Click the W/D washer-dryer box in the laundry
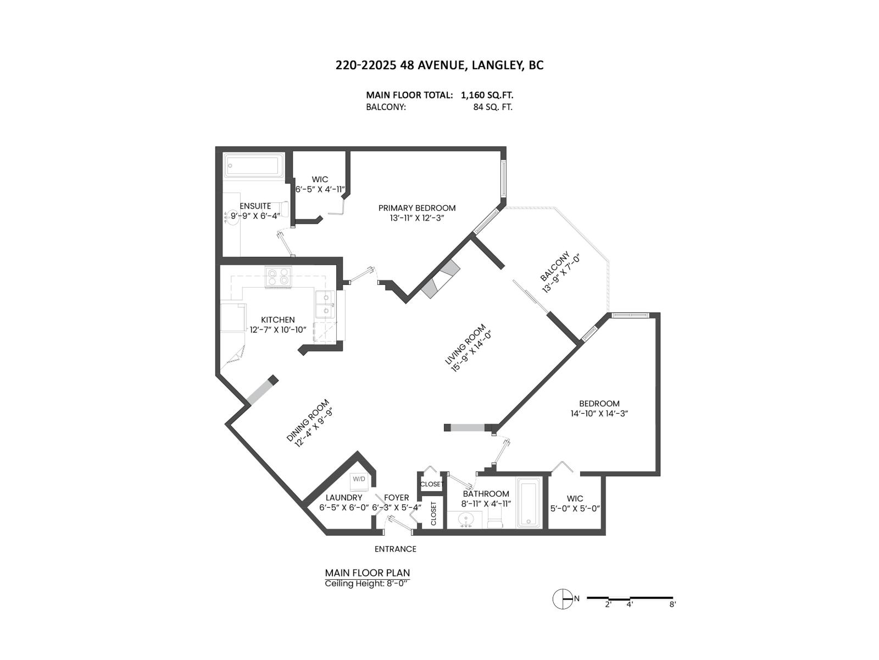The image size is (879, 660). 359,479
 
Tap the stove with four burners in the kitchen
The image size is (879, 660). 277,277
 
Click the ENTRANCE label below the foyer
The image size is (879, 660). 395,549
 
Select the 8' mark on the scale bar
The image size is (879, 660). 672,604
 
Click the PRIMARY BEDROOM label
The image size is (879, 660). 416,208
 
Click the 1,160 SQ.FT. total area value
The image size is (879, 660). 487,95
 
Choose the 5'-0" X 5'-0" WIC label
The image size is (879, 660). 575,509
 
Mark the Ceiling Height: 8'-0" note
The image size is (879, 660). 367,584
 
